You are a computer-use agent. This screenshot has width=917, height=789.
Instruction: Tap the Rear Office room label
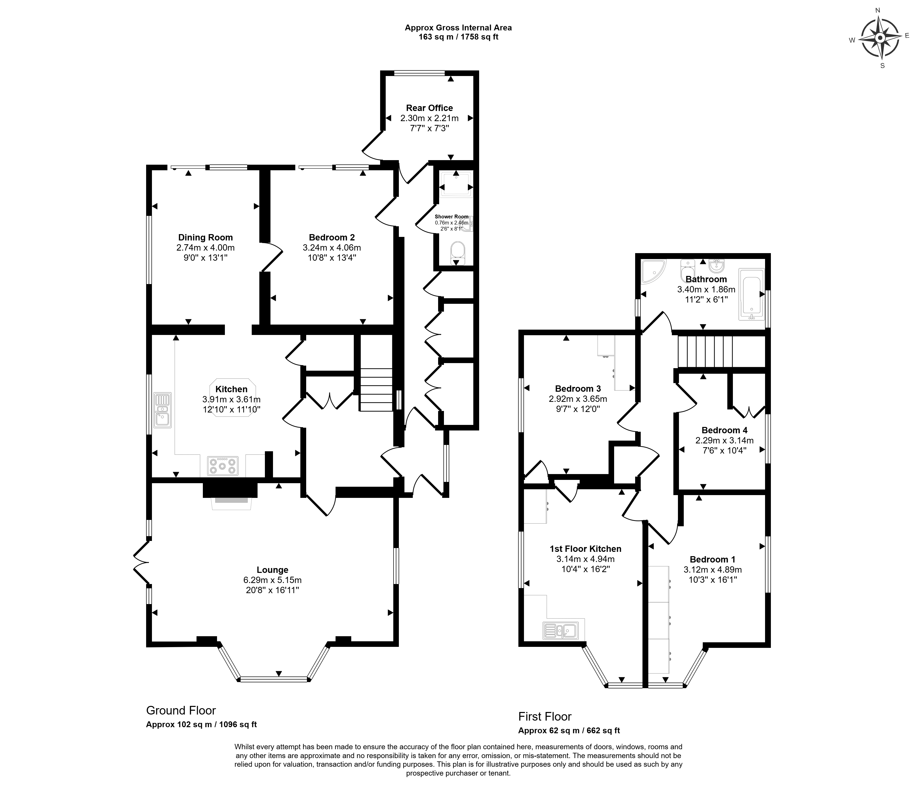pyautogui.click(x=429, y=108)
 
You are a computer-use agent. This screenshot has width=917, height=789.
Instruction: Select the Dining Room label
pyautogui.click(x=205, y=238)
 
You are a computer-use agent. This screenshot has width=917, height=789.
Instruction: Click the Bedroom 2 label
pyautogui.click(x=332, y=238)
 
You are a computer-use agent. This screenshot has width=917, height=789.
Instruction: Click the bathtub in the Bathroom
pyautogui.click(x=751, y=294)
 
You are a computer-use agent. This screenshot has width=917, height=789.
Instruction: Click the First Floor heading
pyautogui.click(x=545, y=716)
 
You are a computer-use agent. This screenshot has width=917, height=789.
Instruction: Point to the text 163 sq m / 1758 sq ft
pyautogui.click(x=458, y=37)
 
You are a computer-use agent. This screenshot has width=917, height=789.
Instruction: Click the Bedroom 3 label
pyautogui.click(x=578, y=389)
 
